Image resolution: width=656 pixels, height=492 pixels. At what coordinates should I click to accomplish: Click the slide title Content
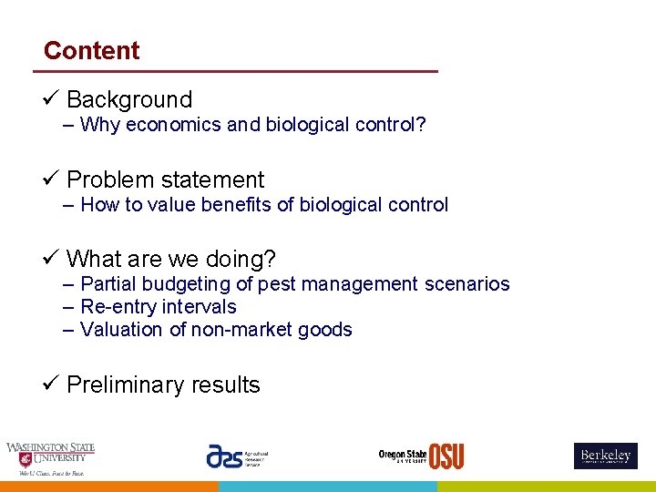point(91,51)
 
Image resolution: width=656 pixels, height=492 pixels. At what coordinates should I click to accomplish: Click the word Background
point(129,99)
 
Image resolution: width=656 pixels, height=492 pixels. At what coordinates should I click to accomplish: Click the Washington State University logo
point(50,458)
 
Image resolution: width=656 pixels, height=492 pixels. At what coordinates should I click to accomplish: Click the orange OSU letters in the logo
point(446,456)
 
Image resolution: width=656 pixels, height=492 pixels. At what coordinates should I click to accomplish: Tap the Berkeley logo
point(605,456)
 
